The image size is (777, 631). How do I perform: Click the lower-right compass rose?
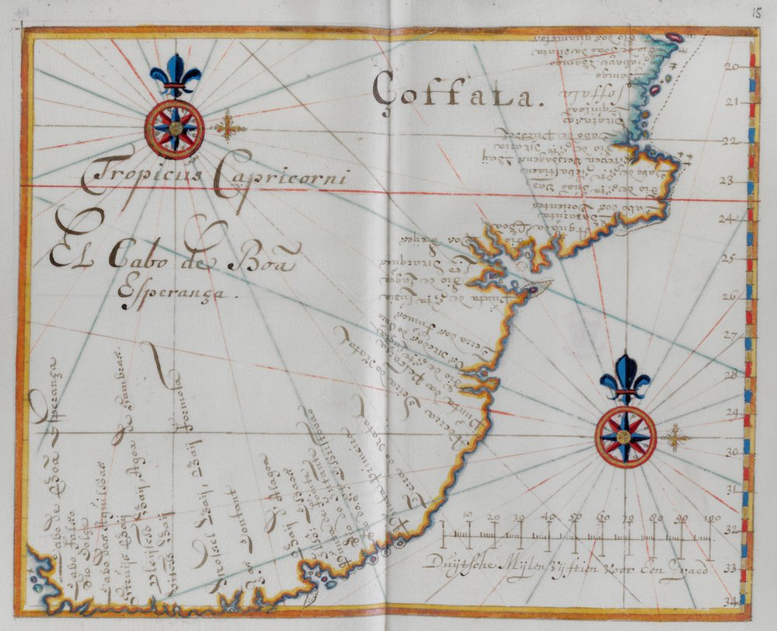(x=625, y=437)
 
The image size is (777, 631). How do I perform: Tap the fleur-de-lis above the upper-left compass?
(x=175, y=75)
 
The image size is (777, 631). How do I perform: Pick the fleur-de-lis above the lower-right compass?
(x=625, y=378)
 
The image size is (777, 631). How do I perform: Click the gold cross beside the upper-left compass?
(x=228, y=127)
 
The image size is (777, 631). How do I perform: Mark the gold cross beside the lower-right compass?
(x=678, y=438)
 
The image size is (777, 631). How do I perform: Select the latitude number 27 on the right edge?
(x=731, y=336)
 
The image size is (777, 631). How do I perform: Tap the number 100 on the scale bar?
(x=712, y=518)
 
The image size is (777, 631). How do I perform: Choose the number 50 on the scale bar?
(x=576, y=518)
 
